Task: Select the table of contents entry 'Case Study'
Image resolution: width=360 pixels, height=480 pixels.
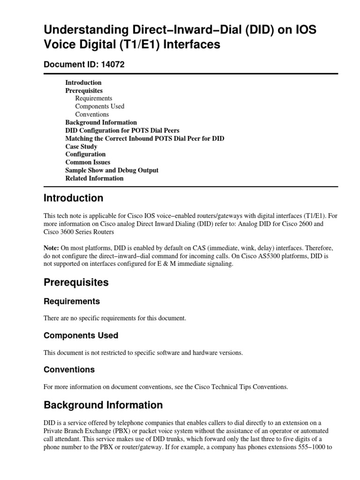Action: coord(81,146)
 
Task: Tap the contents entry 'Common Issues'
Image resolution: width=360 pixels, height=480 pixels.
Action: coord(88,162)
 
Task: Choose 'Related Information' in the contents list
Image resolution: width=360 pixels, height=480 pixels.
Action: coord(94,178)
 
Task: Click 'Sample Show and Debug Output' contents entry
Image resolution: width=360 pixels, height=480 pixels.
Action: coord(112,170)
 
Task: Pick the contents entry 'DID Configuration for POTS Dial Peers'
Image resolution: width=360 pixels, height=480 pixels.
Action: coord(122,130)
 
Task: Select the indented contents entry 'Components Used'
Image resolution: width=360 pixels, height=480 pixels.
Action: coord(99,106)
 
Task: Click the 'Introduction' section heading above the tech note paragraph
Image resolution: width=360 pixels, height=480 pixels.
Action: coord(73,198)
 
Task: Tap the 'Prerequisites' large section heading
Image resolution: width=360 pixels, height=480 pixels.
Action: coord(75,283)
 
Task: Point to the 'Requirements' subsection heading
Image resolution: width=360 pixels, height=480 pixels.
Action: coord(71,301)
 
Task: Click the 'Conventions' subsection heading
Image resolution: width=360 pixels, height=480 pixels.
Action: coord(69,369)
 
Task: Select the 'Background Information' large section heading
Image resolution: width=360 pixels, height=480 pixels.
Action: coord(103,405)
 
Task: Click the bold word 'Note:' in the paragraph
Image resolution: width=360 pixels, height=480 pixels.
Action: coord(51,247)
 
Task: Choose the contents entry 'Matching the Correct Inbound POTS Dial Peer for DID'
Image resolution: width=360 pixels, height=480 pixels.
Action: coord(144,138)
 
